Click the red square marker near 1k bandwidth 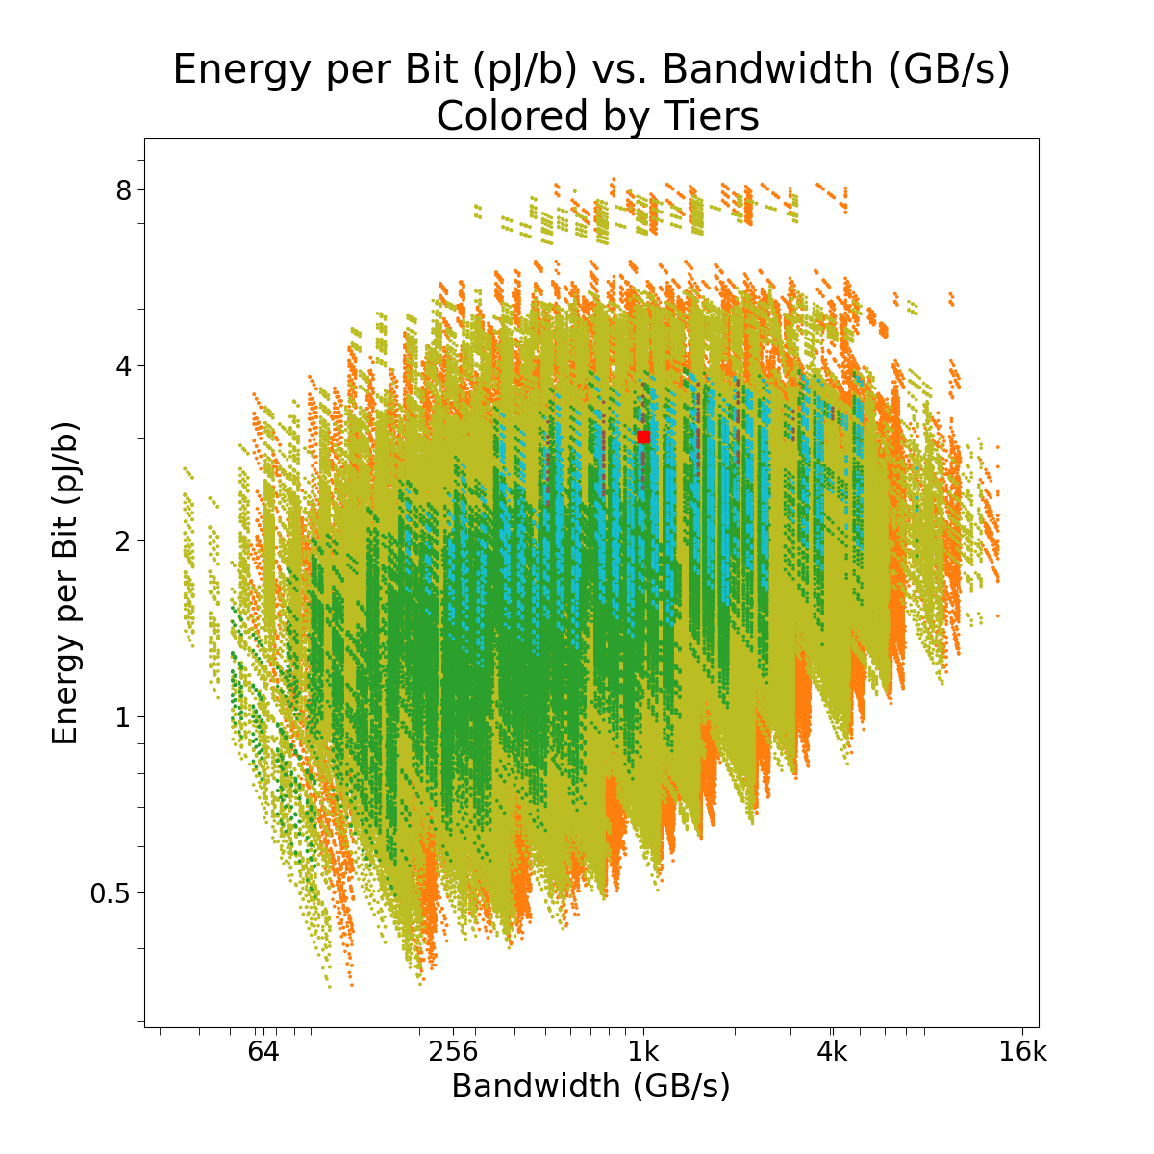pyautogui.click(x=643, y=437)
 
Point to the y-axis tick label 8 pyautogui.click(x=123, y=189)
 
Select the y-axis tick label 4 pyautogui.click(x=123, y=365)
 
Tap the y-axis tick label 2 pyautogui.click(x=123, y=540)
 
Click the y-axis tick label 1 pyautogui.click(x=123, y=716)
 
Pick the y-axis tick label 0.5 pyautogui.click(x=111, y=892)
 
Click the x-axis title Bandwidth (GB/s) pyautogui.click(x=590, y=1086)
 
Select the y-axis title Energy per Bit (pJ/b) pyautogui.click(x=64, y=583)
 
